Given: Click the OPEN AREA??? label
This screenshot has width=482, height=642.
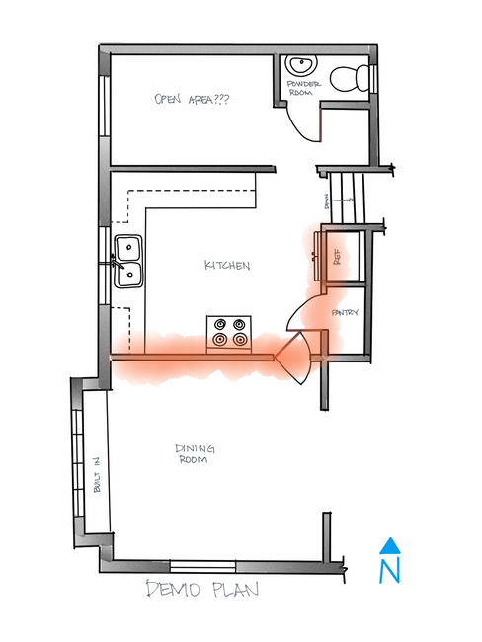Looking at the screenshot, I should tap(192, 99).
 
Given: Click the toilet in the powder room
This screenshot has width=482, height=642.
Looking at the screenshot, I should tap(349, 76).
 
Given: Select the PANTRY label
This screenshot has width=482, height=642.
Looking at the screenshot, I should tap(345, 314).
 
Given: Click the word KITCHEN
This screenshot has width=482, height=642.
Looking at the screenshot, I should tap(227, 266).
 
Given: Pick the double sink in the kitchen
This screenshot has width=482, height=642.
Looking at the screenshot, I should tap(128, 261).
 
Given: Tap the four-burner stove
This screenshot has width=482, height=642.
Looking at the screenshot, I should tap(228, 332).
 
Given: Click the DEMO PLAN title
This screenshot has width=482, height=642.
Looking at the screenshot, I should tap(202, 591).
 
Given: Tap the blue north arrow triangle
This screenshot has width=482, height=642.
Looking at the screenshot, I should tap(391, 544).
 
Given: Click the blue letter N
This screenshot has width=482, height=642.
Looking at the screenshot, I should tap(391, 570).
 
